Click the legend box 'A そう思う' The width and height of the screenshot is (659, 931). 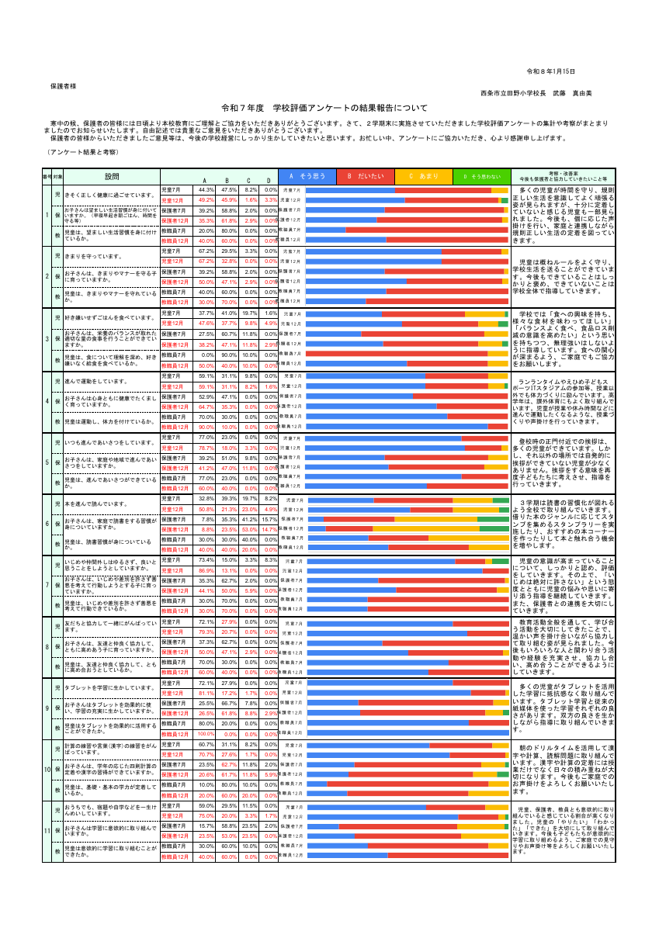pyautogui.click(x=307, y=176)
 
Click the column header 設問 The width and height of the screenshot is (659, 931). pyautogui.click(x=113, y=177)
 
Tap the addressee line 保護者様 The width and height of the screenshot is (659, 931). pyautogui.click(x=63, y=85)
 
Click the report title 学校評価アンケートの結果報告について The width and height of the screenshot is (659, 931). pyautogui.click(x=324, y=108)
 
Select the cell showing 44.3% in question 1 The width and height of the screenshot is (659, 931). pyautogui.click(x=206, y=189)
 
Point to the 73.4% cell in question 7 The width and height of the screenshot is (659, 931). pyautogui.click(x=206, y=559)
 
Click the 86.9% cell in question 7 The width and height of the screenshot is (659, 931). pyautogui.click(x=206, y=570)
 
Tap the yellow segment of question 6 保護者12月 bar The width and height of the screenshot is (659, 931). pyautogui.click(x=427, y=529)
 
